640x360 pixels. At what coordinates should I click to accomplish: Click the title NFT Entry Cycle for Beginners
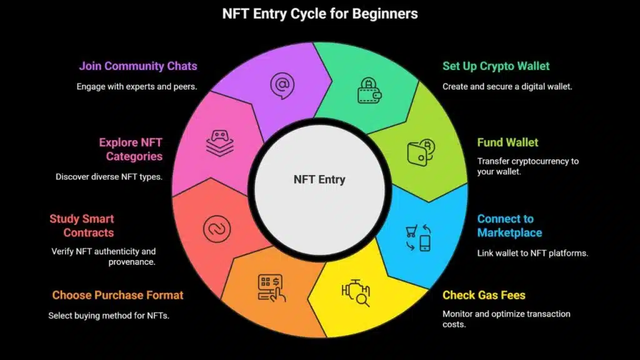(x=320, y=14)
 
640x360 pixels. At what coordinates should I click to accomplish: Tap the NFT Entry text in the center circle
(x=319, y=179)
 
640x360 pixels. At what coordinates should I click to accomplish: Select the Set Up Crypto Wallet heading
(x=496, y=66)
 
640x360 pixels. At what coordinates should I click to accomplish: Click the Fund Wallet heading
(x=507, y=142)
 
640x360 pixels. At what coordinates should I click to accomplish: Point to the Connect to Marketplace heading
(x=509, y=226)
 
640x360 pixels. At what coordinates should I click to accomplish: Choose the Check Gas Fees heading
(x=484, y=295)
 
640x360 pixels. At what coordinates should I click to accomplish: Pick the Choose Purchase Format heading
(x=117, y=295)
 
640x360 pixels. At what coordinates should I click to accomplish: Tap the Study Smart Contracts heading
(x=82, y=226)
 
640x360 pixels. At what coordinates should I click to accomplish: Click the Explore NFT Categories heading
(x=131, y=149)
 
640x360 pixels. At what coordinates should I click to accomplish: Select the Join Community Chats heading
(x=138, y=66)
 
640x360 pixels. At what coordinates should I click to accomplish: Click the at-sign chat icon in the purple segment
(x=282, y=86)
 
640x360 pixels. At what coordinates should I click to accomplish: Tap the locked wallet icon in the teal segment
(x=369, y=91)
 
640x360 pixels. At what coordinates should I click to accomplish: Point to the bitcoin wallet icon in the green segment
(x=421, y=152)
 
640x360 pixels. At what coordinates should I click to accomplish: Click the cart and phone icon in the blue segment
(x=418, y=237)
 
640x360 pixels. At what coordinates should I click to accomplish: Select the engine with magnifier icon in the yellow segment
(x=356, y=292)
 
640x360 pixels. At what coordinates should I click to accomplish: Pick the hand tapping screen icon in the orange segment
(x=271, y=288)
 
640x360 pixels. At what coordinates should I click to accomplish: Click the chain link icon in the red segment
(x=217, y=229)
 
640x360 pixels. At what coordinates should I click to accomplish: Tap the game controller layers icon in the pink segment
(x=219, y=143)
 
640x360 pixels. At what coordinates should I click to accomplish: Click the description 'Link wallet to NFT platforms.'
(x=532, y=253)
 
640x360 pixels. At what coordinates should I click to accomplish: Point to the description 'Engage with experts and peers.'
(x=137, y=86)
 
